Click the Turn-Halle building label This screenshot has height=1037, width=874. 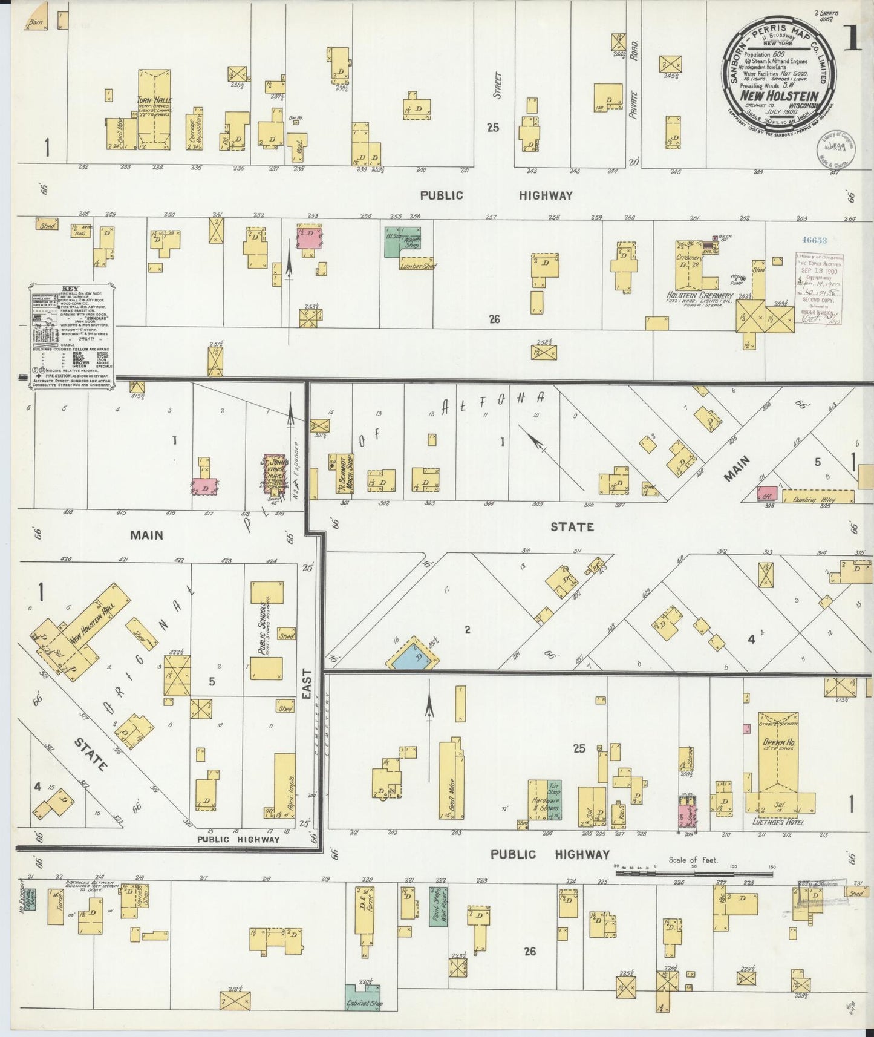point(154,100)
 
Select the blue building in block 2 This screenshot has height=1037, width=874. point(413,655)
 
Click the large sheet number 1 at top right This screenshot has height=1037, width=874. point(852,38)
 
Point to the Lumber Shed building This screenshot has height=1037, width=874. point(418,265)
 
